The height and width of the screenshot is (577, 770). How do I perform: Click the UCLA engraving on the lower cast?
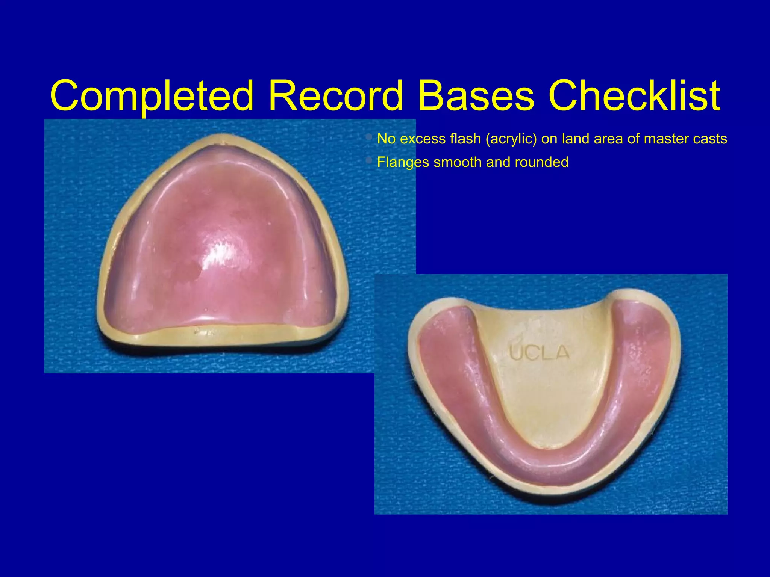pyautogui.click(x=540, y=352)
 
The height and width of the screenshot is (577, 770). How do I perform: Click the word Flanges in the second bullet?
pyautogui.click(x=403, y=162)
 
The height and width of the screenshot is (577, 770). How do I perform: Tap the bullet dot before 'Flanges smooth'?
pyautogui.click(x=369, y=161)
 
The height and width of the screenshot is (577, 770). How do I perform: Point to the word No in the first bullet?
pyautogui.click(x=386, y=139)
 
